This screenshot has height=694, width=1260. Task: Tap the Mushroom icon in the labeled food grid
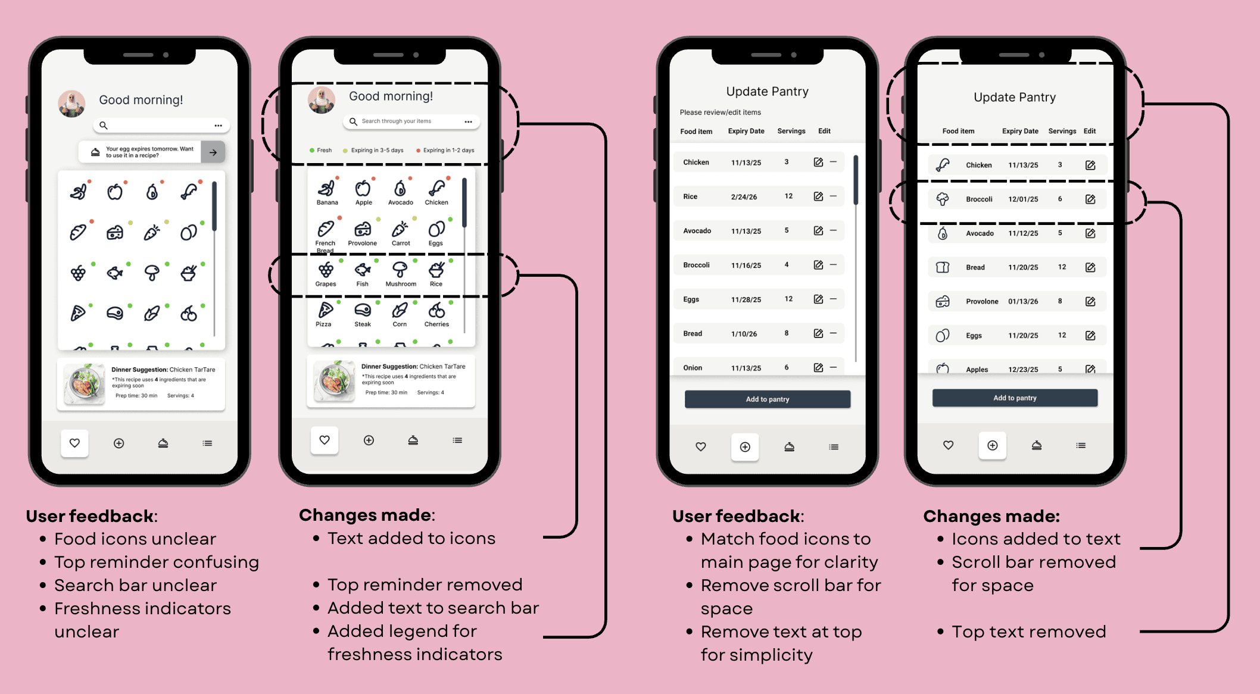(x=400, y=270)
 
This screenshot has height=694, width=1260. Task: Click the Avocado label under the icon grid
(x=401, y=202)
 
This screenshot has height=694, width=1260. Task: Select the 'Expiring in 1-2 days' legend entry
(x=445, y=151)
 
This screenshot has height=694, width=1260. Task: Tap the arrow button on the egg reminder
(x=213, y=152)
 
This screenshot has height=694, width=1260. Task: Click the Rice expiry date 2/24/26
(x=744, y=197)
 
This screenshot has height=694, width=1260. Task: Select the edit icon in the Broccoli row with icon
(x=1090, y=199)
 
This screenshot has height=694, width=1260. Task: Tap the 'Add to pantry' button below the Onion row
(x=768, y=399)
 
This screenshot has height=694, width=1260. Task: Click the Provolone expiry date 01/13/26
(x=1023, y=302)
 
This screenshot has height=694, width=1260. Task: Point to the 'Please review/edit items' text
(x=721, y=112)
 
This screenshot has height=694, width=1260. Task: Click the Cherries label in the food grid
(x=436, y=324)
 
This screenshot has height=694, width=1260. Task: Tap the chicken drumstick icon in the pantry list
(x=943, y=165)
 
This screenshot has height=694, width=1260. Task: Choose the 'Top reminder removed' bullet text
(x=425, y=584)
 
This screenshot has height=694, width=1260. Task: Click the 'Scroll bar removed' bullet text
(x=1034, y=562)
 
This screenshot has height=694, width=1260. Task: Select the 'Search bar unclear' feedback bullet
(x=135, y=585)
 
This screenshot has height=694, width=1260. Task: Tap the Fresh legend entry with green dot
(x=321, y=151)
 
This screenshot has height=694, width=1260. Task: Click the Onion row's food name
(x=693, y=368)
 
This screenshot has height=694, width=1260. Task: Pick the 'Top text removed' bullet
(x=1028, y=632)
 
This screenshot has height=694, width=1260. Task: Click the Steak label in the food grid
(x=363, y=324)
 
